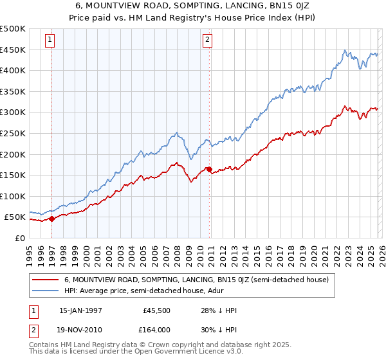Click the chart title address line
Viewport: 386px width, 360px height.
[x=192, y=6]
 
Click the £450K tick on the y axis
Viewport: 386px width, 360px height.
[x=13, y=50]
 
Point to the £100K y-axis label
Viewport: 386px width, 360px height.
[x=13, y=196]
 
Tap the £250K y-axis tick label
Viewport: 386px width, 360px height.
[x=13, y=133]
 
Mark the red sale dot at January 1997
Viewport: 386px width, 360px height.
[x=52, y=219]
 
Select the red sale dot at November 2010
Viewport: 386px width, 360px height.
[x=209, y=169]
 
